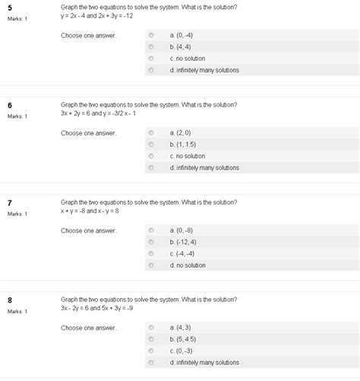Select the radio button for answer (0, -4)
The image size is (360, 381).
151,34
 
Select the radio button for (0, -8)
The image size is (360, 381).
151,229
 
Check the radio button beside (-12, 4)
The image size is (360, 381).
151,241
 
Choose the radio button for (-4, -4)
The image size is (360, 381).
151,253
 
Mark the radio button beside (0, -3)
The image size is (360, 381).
151,351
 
